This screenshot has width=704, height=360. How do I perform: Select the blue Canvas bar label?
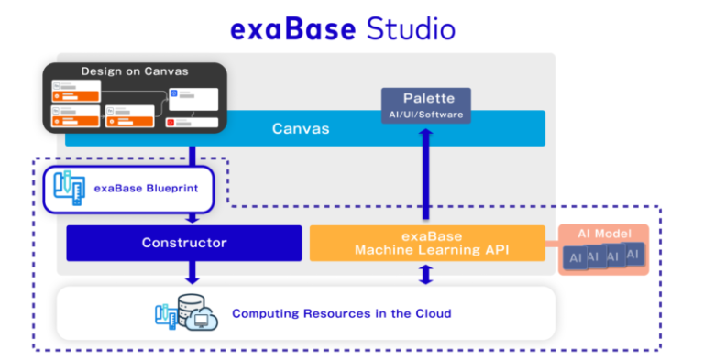(301, 128)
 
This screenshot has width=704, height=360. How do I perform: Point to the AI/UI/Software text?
(425, 115)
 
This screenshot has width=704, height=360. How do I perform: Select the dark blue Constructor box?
(183, 243)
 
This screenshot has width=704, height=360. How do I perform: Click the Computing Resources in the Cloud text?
(341, 313)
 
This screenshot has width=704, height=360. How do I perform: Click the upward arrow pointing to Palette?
(425, 174)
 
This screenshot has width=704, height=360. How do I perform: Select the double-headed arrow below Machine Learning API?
(425, 273)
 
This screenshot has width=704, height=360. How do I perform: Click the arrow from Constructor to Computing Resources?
(192, 272)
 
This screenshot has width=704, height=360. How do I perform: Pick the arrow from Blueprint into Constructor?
(192, 217)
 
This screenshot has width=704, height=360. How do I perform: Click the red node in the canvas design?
(170, 122)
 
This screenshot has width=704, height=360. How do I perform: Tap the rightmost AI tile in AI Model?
(633, 253)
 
